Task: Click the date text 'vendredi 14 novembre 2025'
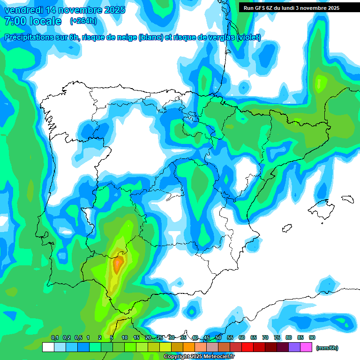pyautogui.click(x=65, y=10)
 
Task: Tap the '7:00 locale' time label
pyautogui.click(x=33, y=21)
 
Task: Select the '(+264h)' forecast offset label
pyautogui.click(x=83, y=21)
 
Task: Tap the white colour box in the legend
pyautogui.click(x=48, y=347)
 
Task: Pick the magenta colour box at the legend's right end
pyautogui.click(x=306, y=347)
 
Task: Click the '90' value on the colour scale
pyautogui.click(x=312, y=338)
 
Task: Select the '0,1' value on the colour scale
pyautogui.click(x=54, y=338)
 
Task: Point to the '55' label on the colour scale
pyautogui.click(x=230, y=338)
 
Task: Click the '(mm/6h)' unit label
pyautogui.click(x=327, y=348)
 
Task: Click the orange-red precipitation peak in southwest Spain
pyautogui.click(x=118, y=265)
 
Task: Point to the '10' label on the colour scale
pyautogui.click(x=125, y=338)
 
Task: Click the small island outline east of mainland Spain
pyautogui.click(x=347, y=199)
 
